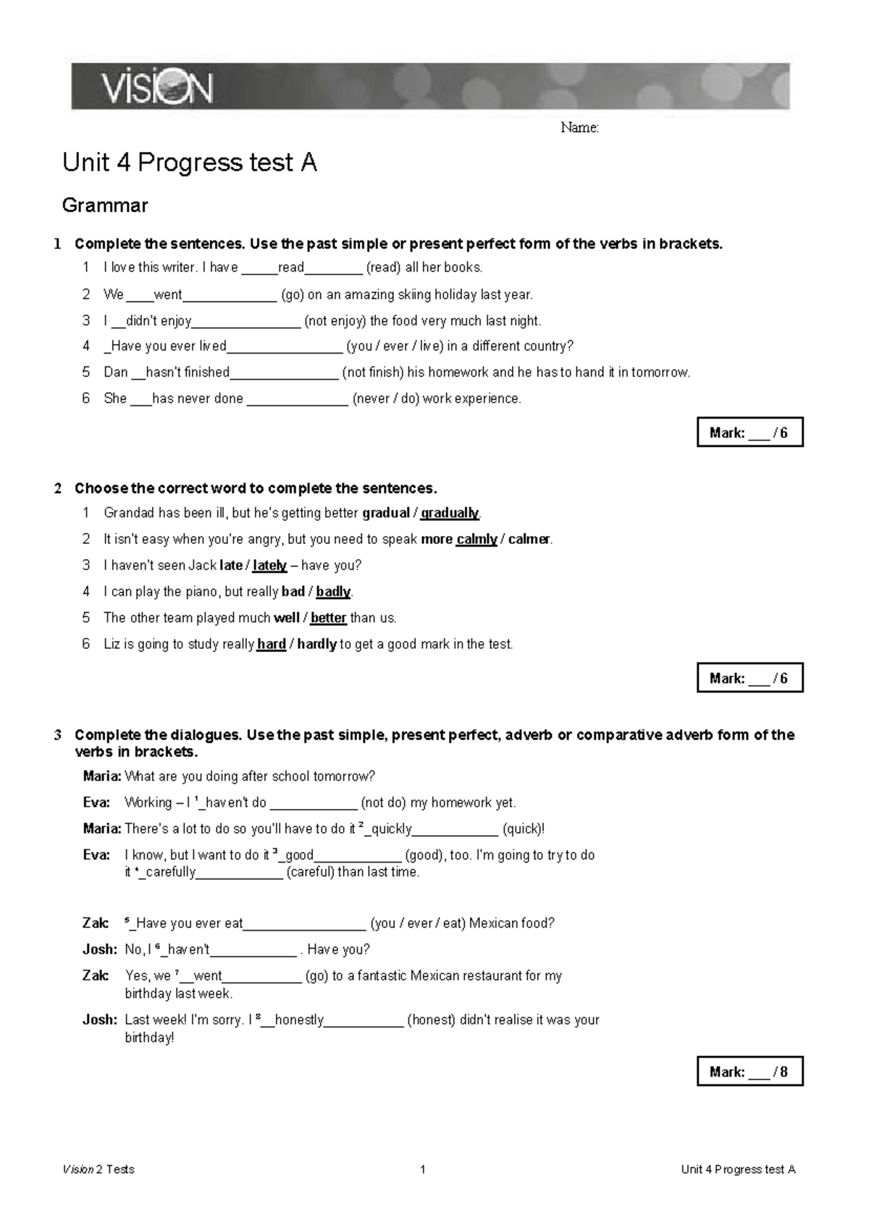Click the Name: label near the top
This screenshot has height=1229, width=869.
579,128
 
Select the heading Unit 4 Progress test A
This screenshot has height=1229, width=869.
190,163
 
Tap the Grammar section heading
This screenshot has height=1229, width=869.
105,206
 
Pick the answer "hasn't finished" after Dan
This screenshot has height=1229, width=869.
188,372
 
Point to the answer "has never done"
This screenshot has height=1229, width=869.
197,398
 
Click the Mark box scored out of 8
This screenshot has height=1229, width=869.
750,1071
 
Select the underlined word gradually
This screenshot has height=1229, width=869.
449,513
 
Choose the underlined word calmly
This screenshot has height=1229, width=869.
477,540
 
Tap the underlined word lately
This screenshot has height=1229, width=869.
269,566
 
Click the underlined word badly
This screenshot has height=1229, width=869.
333,592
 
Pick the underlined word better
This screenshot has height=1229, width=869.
328,618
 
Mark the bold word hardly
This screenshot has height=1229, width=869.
316,644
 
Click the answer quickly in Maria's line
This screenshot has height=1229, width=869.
390,829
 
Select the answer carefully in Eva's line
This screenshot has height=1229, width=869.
171,872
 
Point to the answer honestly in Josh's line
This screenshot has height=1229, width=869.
299,1020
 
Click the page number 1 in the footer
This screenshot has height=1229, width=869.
423,1169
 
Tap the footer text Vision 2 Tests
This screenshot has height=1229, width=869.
98,1169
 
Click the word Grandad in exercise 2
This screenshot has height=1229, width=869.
130,513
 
